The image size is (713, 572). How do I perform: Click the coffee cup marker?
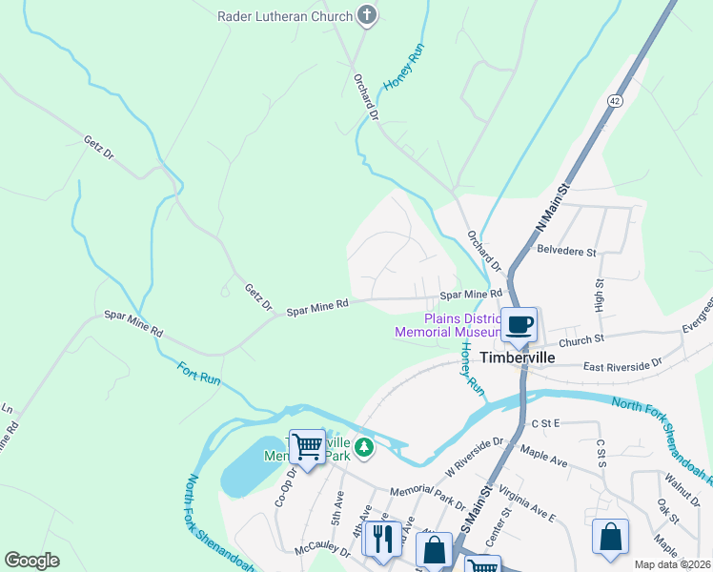point(519,325)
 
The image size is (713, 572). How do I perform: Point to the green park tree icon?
point(362,446)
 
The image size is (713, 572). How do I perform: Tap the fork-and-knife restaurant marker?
point(382,539)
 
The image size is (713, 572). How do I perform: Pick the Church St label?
point(582,338)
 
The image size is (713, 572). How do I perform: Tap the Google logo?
point(32,561)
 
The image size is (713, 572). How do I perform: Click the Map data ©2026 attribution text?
point(672,564)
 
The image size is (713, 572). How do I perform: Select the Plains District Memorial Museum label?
point(448,325)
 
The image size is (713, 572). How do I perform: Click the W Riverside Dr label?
point(474,457)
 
